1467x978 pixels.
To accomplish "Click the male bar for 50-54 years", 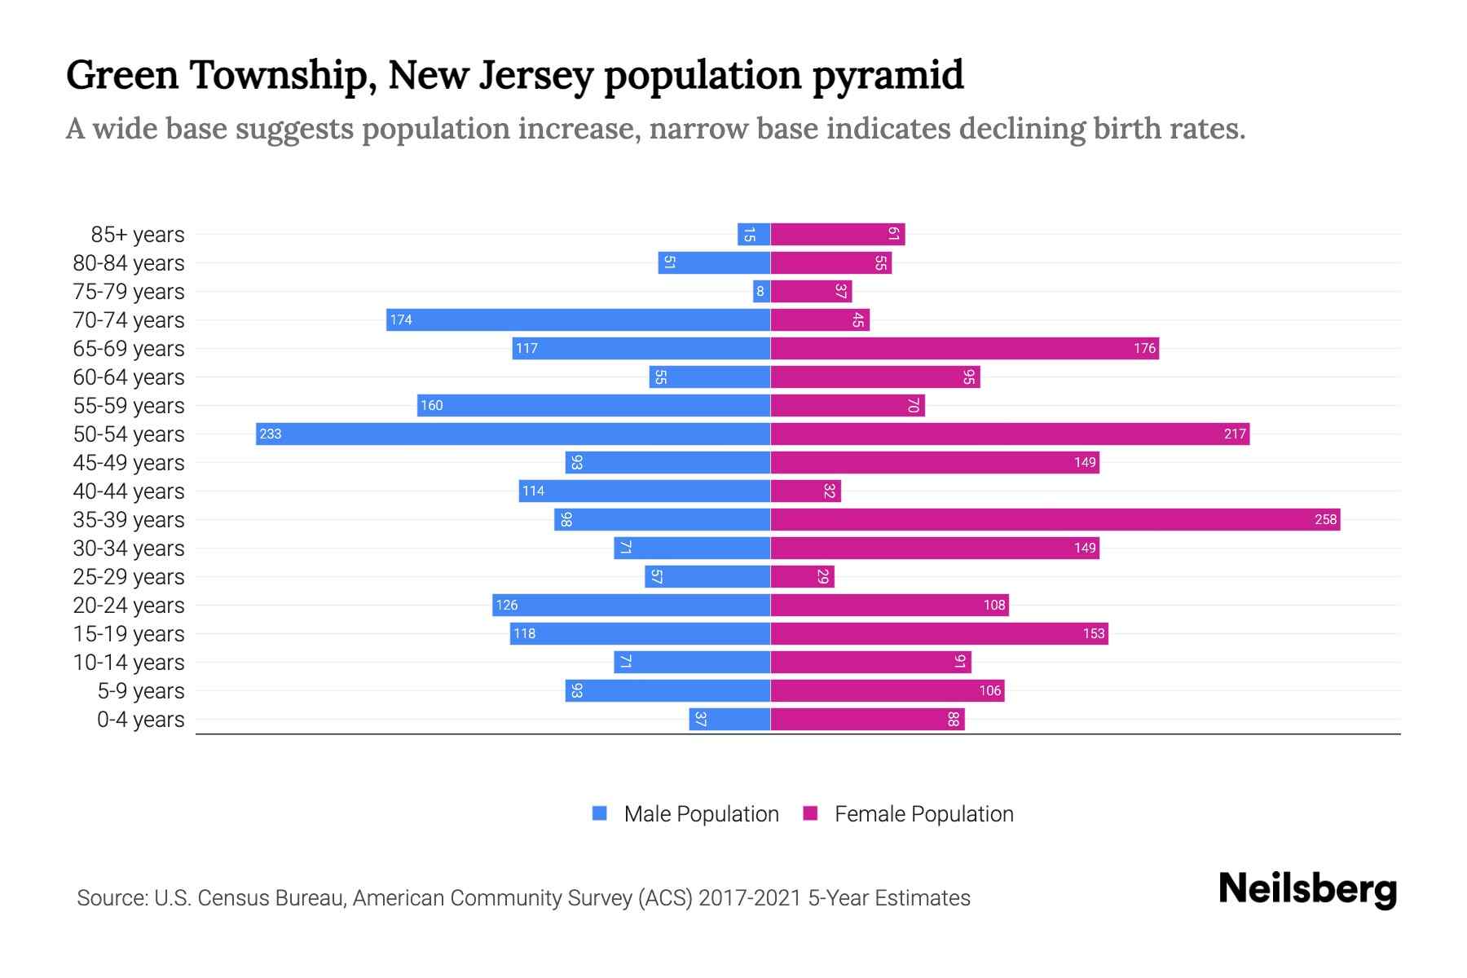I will (513, 434).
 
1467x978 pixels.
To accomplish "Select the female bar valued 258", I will (1055, 519).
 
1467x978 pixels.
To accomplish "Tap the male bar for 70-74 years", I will (579, 319).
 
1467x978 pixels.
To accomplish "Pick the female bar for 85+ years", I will (838, 235).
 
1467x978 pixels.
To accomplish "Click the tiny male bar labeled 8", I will (761, 291).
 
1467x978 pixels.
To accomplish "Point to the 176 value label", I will (1144, 348).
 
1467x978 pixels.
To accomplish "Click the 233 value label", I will (270, 434).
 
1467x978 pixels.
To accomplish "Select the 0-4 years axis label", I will (140, 720).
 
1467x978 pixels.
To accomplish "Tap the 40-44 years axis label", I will (129, 491).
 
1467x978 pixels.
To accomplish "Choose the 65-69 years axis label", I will (129, 349).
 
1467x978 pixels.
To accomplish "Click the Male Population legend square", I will (600, 813).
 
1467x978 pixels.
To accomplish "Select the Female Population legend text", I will (923, 814).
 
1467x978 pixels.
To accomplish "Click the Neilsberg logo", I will (1307, 889).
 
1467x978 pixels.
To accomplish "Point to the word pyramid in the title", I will (888, 76).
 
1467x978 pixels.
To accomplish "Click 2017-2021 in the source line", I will (750, 898).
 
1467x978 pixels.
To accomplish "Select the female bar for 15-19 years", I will (939, 633).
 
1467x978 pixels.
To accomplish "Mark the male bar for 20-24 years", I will (632, 605).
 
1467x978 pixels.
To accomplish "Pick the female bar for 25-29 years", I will (802, 576).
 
